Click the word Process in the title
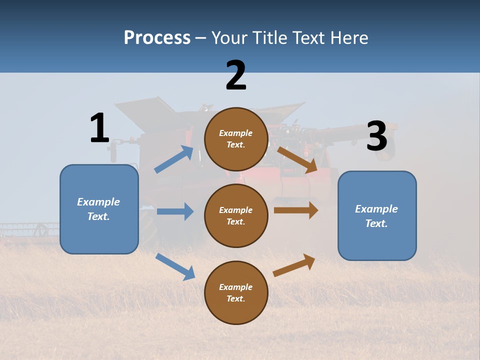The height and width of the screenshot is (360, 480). (x=157, y=37)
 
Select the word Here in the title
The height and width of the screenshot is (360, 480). (x=349, y=37)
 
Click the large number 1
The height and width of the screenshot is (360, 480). (x=99, y=128)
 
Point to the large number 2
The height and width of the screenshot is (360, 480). (x=236, y=75)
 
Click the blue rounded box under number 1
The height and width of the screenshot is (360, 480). (x=99, y=209)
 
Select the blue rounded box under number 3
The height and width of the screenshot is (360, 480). (x=377, y=215)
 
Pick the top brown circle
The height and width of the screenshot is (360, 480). (x=236, y=139)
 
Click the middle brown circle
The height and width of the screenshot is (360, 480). (x=236, y=215)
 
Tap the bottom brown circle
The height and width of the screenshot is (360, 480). (x=236, y=292)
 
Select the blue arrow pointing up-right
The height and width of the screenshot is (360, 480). (x=174, y=159)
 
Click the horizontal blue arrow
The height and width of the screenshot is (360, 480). (x=175, y=211)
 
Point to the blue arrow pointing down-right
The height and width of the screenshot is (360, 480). (x=175, y=266)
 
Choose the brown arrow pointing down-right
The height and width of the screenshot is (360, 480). (x=297, y=159)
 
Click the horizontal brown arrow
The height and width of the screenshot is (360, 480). (x=296, y=210)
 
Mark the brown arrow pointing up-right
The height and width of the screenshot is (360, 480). (x=294, y=265)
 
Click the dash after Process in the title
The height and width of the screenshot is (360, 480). (x=201, y=38)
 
